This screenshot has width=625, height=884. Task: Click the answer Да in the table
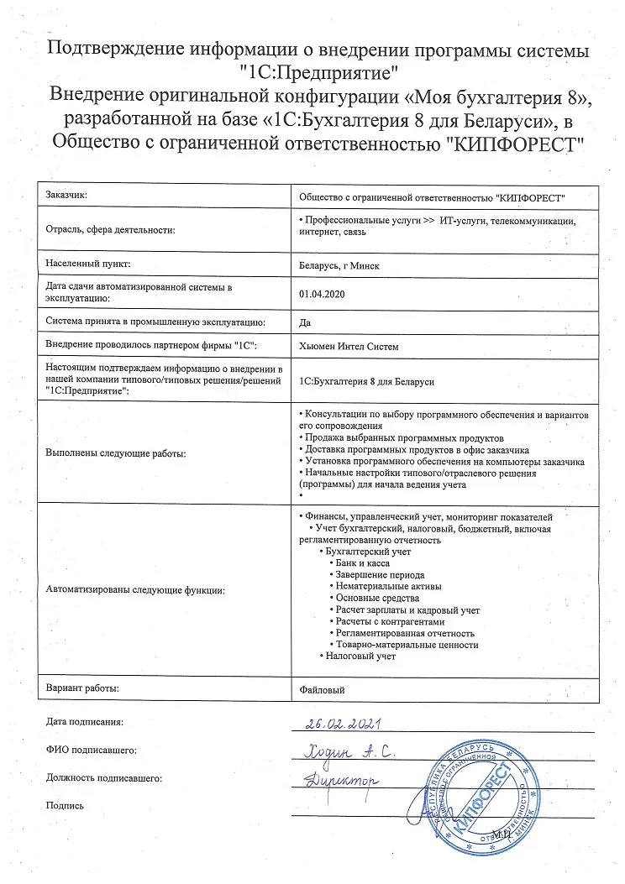coord(304,321)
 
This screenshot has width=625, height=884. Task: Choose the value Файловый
coord(322,689)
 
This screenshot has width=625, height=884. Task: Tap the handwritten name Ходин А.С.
coord(348,751)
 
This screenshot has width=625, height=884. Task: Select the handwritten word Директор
coord(340,780)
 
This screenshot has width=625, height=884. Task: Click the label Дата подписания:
coord(85,721)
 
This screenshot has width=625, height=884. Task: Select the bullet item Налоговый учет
coord(360,656)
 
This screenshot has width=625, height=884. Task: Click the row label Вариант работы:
coord(83,688)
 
